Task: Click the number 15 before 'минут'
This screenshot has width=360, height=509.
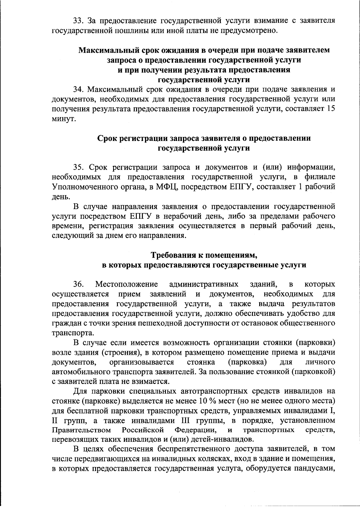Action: pyautogui.click(x=330, y=109)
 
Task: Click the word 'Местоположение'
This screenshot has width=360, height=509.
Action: pyautogui.click(x=126, y=284)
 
